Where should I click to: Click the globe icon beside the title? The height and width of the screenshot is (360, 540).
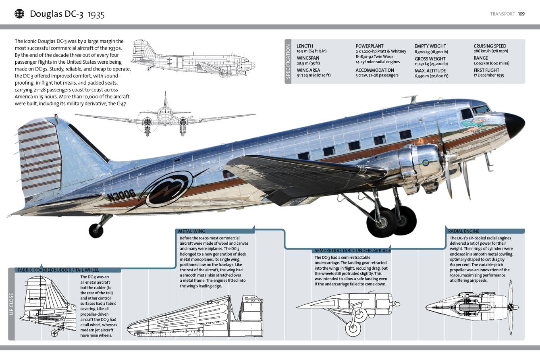(19, 14)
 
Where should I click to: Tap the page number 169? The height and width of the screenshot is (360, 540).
(521, 14)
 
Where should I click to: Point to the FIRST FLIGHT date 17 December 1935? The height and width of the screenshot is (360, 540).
(488, 75)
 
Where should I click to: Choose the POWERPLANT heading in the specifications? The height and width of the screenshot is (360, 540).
(369, 46)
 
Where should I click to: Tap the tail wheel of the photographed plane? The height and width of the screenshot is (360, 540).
(96, 230)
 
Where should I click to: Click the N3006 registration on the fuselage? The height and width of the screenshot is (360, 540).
(121, 195)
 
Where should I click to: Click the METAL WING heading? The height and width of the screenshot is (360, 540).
(192, 231)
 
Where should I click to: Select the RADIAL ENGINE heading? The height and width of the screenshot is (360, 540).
(463, 231)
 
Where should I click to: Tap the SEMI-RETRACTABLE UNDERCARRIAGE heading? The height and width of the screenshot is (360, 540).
(352, 251)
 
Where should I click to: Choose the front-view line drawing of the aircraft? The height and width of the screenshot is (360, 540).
(165, 117)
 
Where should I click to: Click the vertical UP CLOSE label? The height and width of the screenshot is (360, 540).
(11, 304)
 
